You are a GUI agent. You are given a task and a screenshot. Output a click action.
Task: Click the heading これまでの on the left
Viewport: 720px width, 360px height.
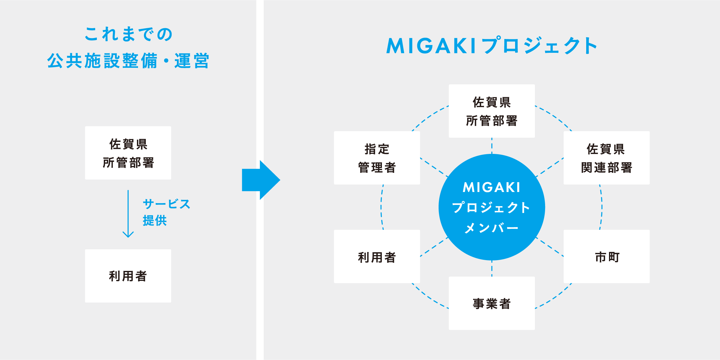click(128, 34)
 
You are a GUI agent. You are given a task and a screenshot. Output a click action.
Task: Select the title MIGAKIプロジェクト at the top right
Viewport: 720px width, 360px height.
click(492, 46)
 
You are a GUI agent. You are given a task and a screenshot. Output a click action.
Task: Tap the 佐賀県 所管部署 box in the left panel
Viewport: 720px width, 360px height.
click(128, 153)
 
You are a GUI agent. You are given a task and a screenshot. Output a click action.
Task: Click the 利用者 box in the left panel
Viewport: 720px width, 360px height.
click(128, 276)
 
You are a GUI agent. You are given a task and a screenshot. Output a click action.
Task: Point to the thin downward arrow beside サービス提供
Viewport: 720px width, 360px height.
click(128, 214)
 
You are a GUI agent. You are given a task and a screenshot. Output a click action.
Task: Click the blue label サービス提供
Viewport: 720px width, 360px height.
click(166, 212)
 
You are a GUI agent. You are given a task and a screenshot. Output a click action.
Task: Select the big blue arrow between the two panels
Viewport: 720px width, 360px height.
click(261, 180)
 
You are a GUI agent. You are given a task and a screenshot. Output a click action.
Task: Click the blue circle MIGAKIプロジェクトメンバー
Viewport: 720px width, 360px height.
click(492, 207)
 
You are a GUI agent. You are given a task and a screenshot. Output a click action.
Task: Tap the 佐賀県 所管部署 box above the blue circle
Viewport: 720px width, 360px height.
click(492, 111)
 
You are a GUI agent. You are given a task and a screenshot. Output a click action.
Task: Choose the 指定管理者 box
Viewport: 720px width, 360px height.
click(377, 158)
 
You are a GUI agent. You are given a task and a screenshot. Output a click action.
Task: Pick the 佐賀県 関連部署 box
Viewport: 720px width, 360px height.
click(607, 158)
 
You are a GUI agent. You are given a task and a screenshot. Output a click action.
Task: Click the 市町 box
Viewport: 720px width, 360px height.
click(607, 256)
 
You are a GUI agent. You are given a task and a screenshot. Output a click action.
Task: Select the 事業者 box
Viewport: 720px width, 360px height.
click(492, 303)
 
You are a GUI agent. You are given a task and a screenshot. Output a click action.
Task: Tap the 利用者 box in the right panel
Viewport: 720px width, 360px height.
click(377, 256)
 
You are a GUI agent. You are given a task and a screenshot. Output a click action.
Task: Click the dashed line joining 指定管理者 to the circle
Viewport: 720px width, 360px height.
click(434, 167)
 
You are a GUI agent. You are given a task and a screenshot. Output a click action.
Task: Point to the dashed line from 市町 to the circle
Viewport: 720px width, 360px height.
click(550, 247)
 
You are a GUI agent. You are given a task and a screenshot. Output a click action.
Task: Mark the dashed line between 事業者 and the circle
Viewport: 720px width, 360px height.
click(492, 268)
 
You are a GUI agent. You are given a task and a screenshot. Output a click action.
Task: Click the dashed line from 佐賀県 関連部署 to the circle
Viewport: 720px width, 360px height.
click(550, 167)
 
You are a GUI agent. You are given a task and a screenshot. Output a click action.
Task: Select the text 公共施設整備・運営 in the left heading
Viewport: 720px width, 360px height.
click(128, 61)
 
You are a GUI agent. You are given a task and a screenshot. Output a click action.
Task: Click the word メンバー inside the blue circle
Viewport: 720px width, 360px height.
click(491, 228)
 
